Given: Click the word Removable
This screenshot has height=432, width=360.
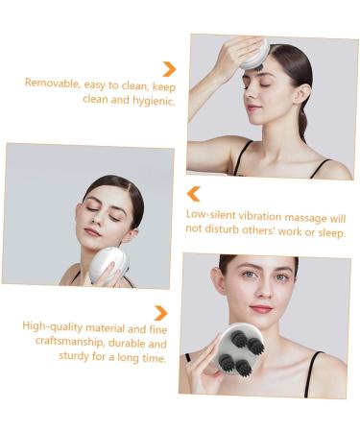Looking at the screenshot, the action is click(52, 83).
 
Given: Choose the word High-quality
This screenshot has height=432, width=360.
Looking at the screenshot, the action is click(53, 326).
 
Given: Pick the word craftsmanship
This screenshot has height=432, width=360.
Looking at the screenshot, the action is click(70, 342).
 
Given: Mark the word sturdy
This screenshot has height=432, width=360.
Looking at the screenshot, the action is click(74, 356).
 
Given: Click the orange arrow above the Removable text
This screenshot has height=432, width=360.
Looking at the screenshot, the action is click(169, 69).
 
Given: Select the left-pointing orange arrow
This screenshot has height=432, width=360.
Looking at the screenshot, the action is click(193, 194).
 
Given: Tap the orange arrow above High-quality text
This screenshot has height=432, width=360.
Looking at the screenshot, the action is click(160, 313).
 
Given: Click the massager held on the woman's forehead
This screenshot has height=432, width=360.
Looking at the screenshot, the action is click(254, 54).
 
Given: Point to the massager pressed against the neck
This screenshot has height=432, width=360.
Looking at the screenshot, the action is click(108, 266).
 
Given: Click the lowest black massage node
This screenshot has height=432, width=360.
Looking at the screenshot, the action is click(244, 368).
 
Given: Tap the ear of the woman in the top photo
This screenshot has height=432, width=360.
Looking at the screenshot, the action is click(301, 94).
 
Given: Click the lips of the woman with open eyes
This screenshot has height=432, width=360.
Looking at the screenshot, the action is click(261, 309).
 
